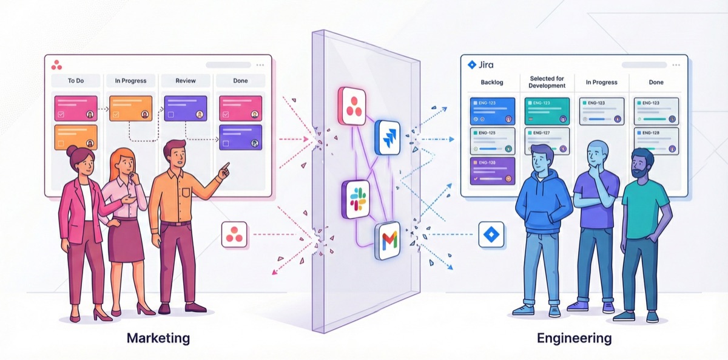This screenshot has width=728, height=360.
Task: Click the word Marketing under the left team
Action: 158,338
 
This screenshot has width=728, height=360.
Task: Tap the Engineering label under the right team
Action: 574,338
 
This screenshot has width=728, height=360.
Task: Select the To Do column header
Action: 76,81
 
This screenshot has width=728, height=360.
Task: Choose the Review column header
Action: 185,81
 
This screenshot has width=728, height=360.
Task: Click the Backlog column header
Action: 492,83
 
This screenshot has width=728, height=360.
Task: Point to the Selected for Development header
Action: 547,82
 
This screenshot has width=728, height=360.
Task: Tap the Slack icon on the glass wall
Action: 356,200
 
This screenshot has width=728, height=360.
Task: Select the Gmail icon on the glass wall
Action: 388,241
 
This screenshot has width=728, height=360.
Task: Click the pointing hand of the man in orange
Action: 225,167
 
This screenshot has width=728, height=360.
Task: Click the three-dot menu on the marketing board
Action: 260,65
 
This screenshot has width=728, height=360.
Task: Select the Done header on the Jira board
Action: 656,83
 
